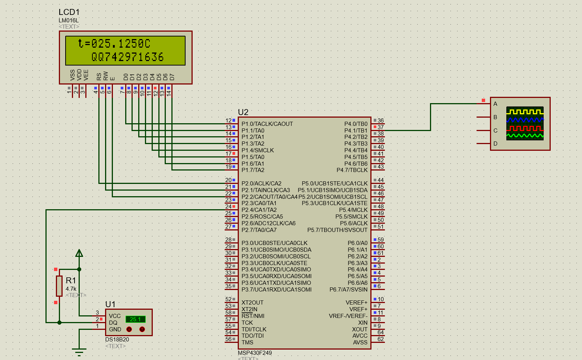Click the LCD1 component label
point(69,12)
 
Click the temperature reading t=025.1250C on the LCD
point(114,44)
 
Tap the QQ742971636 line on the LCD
point(127,57)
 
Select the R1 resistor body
point(59,286)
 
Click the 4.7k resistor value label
point(71,289)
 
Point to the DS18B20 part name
point(117,340)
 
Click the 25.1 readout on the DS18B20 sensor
point(135,319)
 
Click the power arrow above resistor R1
point(79,254)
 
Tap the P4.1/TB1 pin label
point(355,131)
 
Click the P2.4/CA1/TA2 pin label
point(259,210)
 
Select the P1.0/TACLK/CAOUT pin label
point(267,124)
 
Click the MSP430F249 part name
point(255,353)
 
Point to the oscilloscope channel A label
point(495,104)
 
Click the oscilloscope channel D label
point(495,144)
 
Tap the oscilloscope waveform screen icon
point(525,124)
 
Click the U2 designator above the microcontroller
point(243,112)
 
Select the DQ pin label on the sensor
point(113,323)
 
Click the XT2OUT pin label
point(252,303)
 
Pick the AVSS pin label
point(360,343)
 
